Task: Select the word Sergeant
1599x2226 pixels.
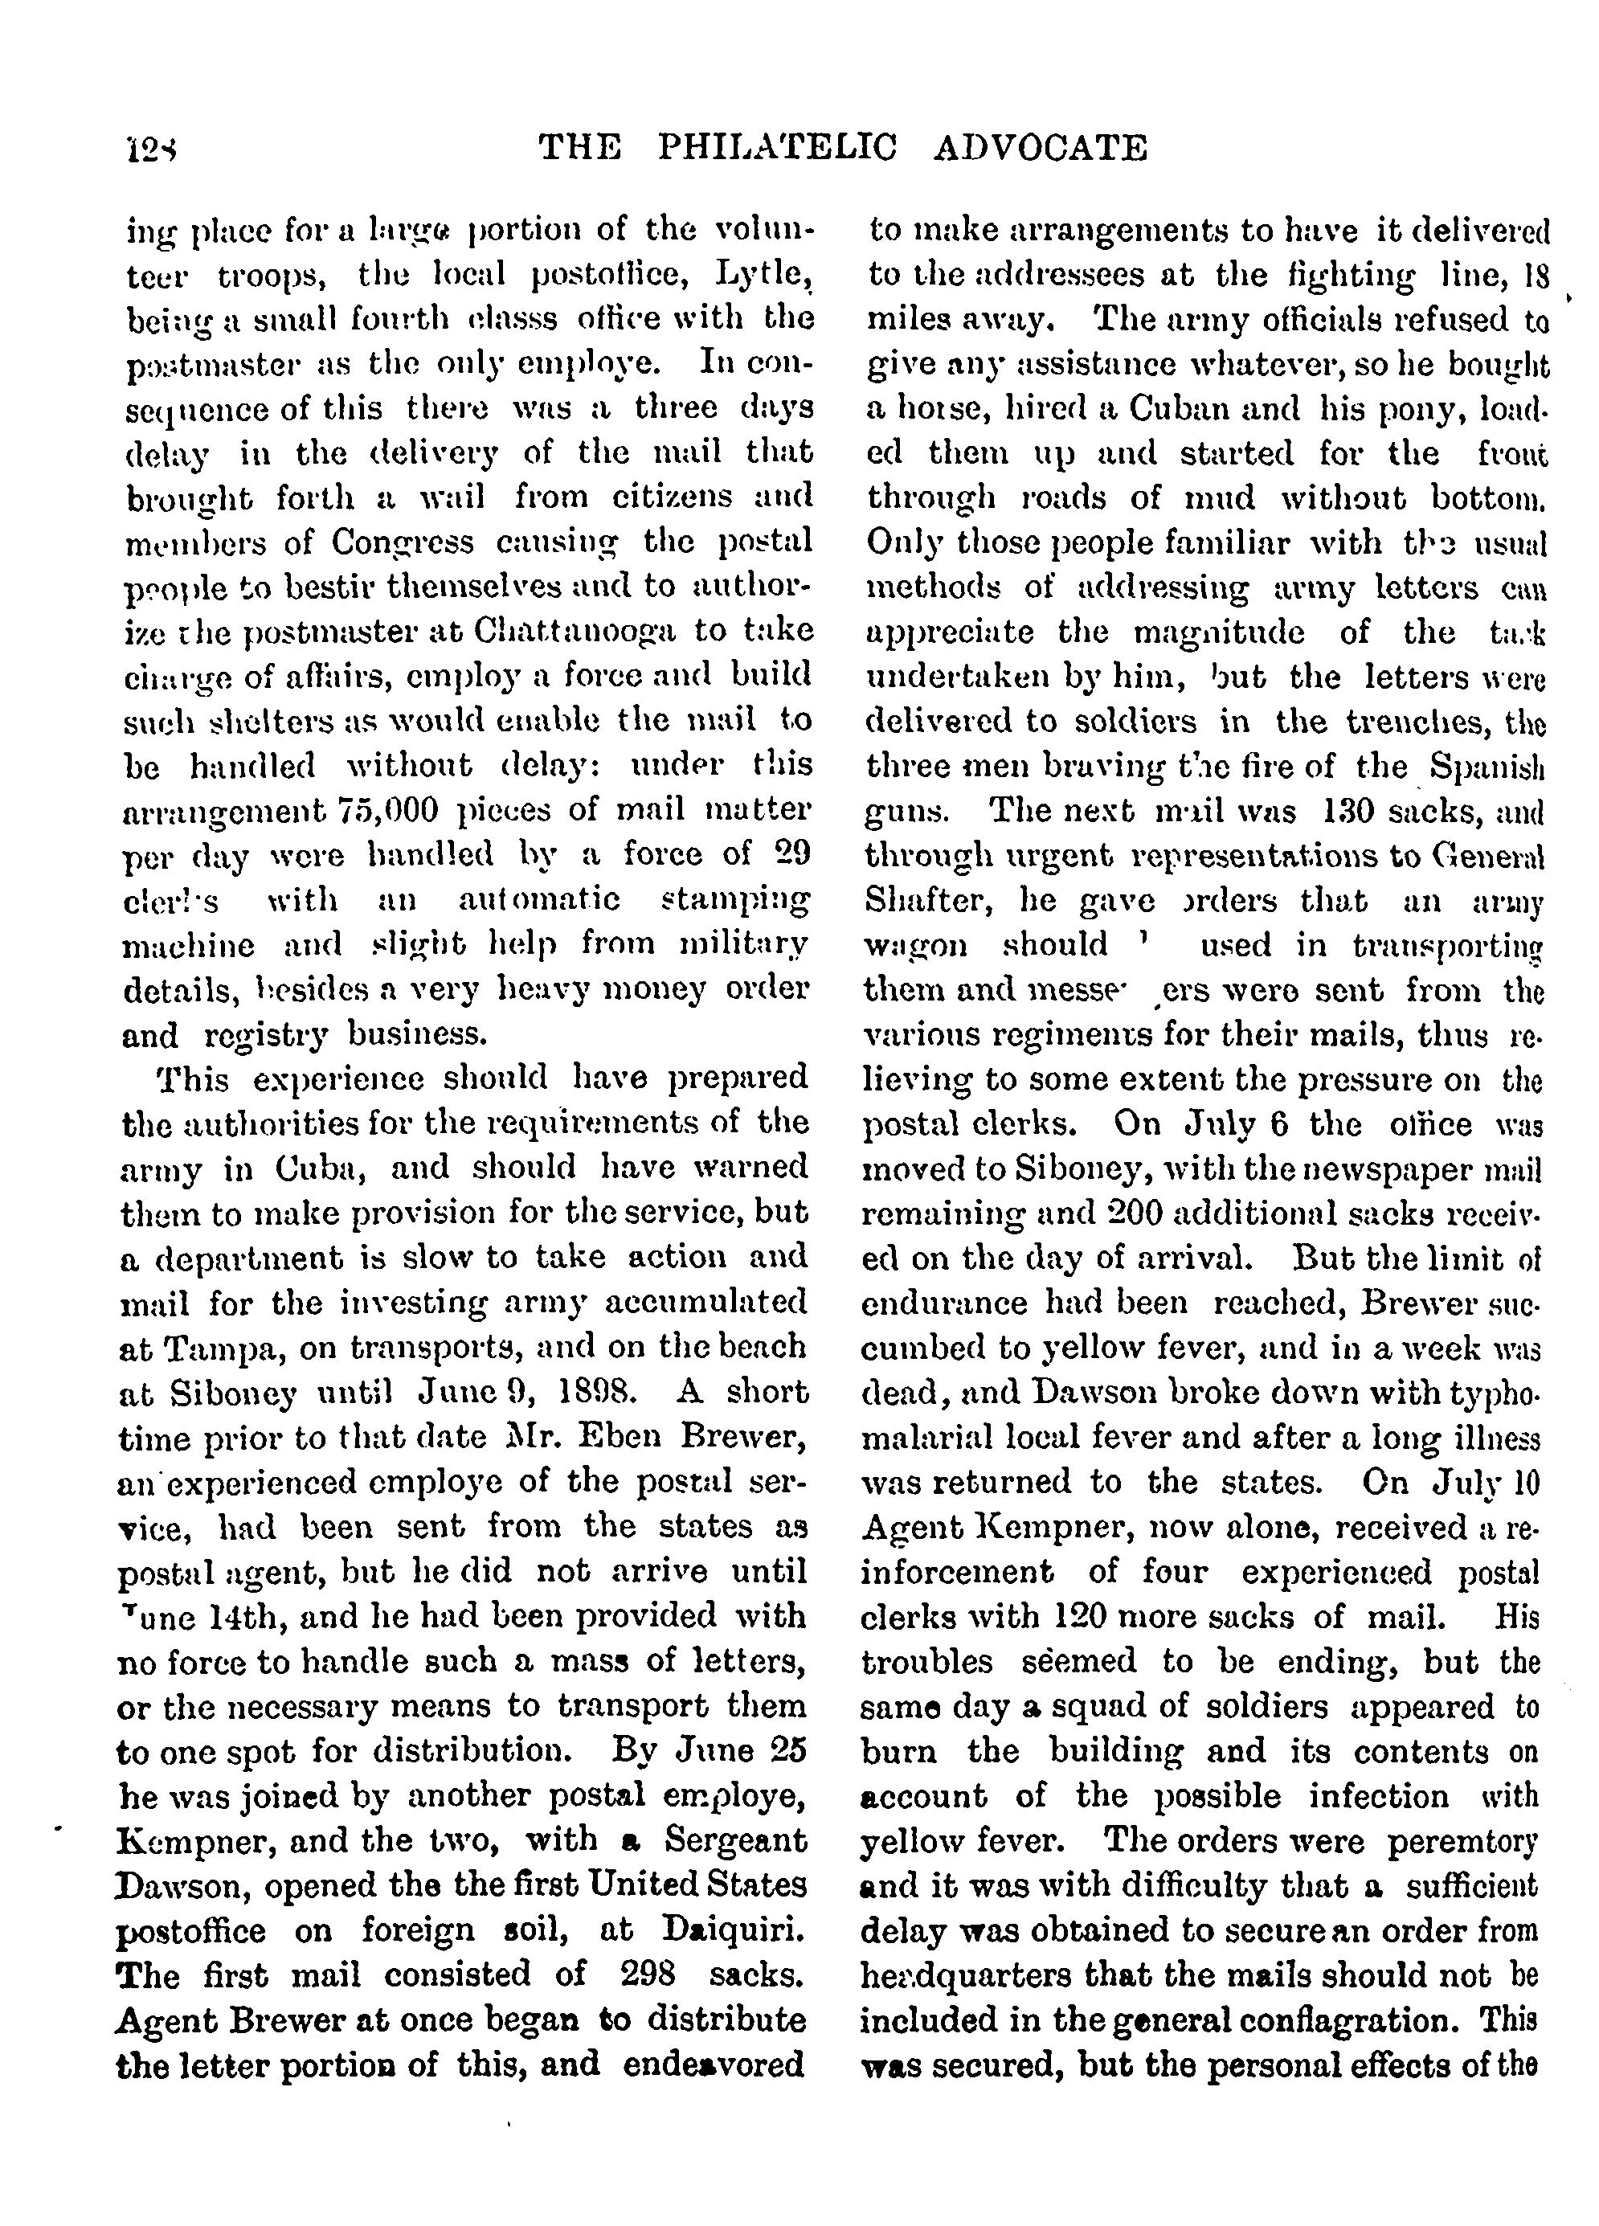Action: pyautogui.click(x=735, y=1841)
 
